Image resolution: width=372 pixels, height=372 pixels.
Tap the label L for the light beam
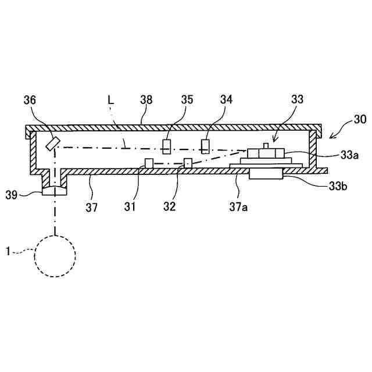111,100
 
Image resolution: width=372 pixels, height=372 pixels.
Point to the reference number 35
187,100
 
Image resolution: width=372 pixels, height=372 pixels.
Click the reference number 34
226,100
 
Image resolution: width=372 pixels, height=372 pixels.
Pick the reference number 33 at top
297,100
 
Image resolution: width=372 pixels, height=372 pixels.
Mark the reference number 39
28,194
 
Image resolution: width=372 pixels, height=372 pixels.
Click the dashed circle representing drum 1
55,255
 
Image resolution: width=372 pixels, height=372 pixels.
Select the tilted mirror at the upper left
53,142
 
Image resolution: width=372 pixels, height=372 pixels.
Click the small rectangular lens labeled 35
166,146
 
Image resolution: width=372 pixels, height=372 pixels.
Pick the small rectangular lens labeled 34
205,145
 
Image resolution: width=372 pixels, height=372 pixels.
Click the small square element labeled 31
149,163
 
